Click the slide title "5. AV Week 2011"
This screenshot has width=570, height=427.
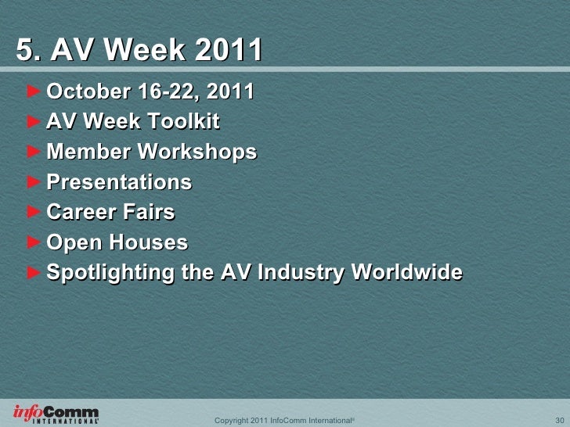(139, 52)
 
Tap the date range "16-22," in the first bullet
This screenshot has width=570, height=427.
(162, 92)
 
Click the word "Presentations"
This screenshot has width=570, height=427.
(119, 182)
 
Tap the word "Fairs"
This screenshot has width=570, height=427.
(150, 212)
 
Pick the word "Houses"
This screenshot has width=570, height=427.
(150, 242)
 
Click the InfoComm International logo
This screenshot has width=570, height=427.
(56, 414)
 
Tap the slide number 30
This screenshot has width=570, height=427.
(559, 420)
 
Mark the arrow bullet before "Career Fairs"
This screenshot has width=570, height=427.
(32, 212)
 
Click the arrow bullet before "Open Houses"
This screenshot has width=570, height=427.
(32, 242)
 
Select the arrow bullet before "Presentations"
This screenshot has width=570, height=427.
(32, 182)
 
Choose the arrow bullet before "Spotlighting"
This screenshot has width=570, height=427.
(32, 272)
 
